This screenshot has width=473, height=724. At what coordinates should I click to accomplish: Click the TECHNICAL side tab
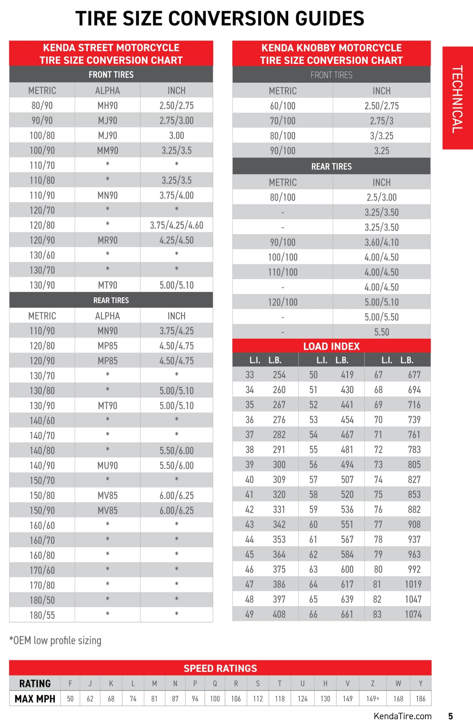click(457, 98)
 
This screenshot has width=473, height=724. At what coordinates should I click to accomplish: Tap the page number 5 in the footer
click(450, 716)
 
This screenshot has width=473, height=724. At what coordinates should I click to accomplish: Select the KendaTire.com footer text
click(402, 716)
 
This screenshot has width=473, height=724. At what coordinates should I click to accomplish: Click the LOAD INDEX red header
click(331, 346)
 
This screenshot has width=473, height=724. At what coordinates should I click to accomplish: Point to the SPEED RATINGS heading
click(220, 668)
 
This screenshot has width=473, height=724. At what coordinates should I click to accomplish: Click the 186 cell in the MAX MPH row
click(421, 699)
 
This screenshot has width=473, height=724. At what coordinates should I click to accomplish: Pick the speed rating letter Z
click(373, 683)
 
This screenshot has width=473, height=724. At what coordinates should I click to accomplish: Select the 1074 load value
click(413, 614)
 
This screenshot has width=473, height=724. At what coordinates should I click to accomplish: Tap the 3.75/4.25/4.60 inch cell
click(176, 225)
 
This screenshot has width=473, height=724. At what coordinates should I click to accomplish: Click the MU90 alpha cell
click(107, 465)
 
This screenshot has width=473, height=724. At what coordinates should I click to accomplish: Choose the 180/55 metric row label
click(42, 615)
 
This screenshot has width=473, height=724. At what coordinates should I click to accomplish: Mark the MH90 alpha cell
click(107, 106)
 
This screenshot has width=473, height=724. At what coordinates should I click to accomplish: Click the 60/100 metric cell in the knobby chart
click(282, 106)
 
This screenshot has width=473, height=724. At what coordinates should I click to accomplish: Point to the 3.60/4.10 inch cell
click(381, 242)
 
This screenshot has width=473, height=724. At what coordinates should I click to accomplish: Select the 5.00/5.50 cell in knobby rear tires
click(381, 317)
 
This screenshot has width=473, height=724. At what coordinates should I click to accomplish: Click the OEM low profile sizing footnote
click(55, 640)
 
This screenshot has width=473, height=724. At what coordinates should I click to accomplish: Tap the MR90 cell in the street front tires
click(107, 240)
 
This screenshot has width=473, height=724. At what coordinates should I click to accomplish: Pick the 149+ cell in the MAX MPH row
click(373, 699)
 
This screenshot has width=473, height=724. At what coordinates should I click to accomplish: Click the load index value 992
click(414, 569)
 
